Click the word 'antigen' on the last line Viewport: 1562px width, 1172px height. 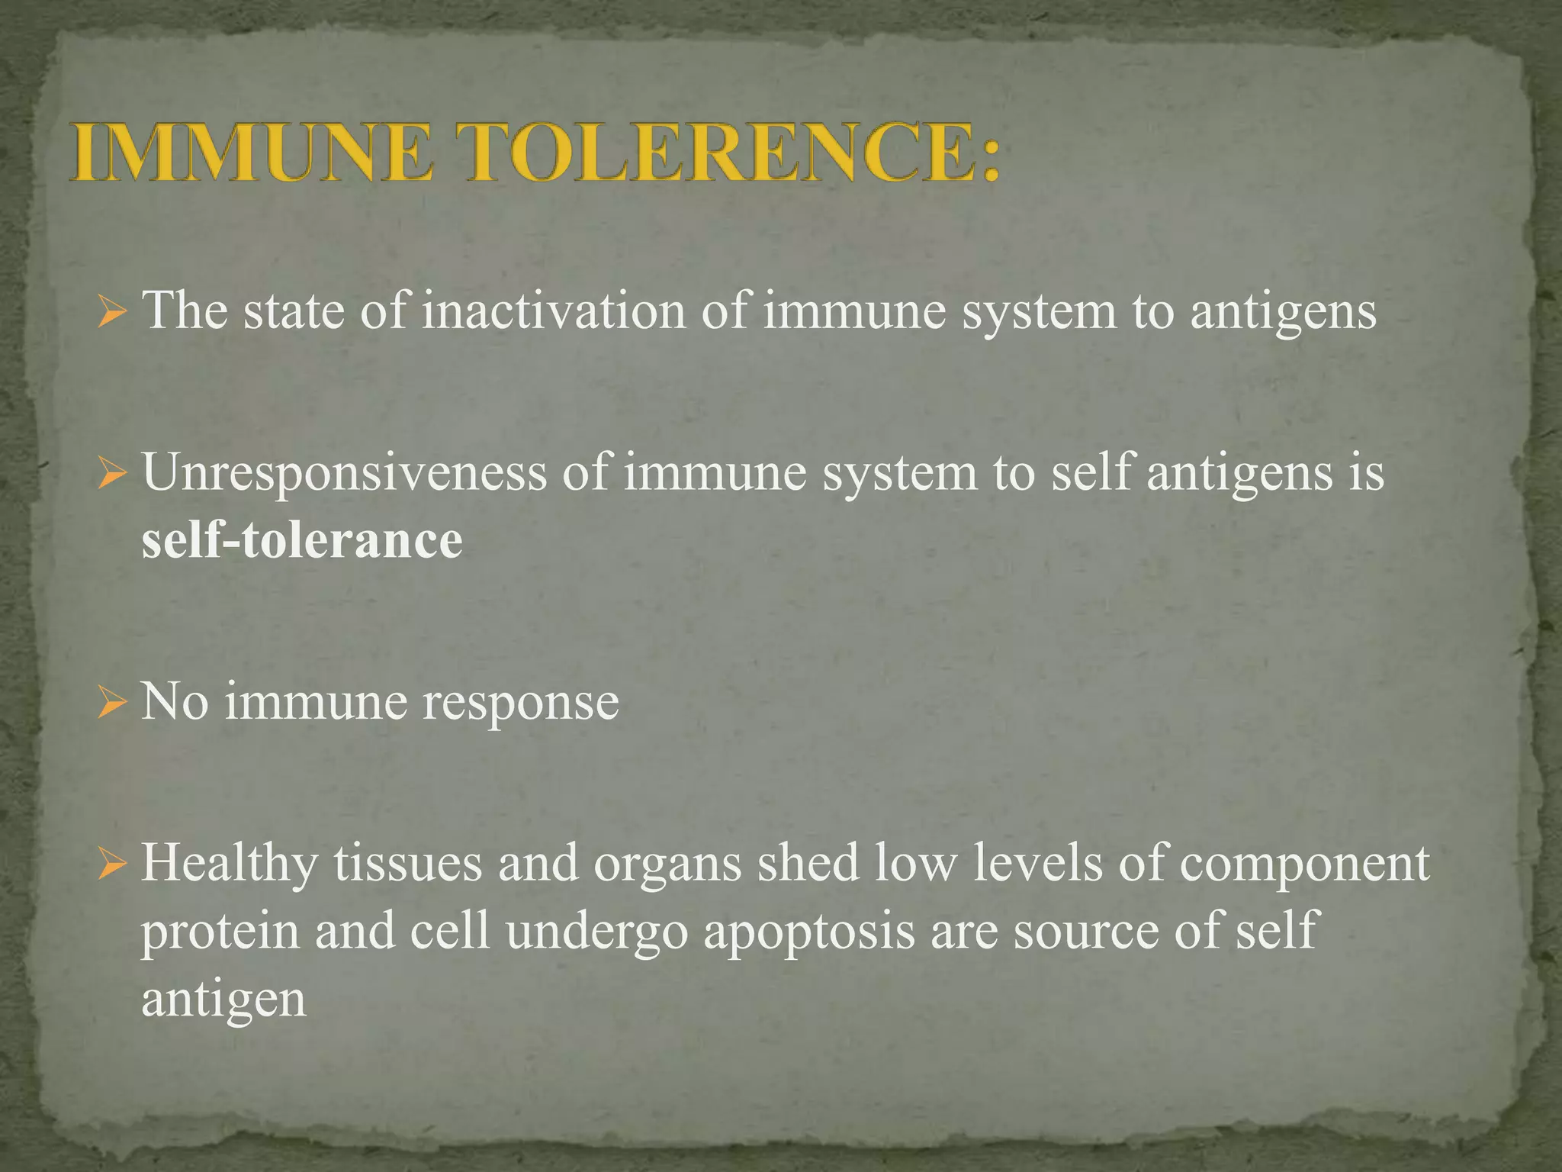(224, 1000)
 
